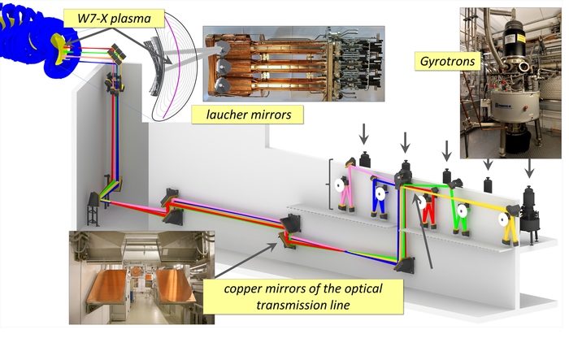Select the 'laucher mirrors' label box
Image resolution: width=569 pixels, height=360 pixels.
[x=247, y=115]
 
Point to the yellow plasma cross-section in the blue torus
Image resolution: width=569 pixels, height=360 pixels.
[x=60, y=45]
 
